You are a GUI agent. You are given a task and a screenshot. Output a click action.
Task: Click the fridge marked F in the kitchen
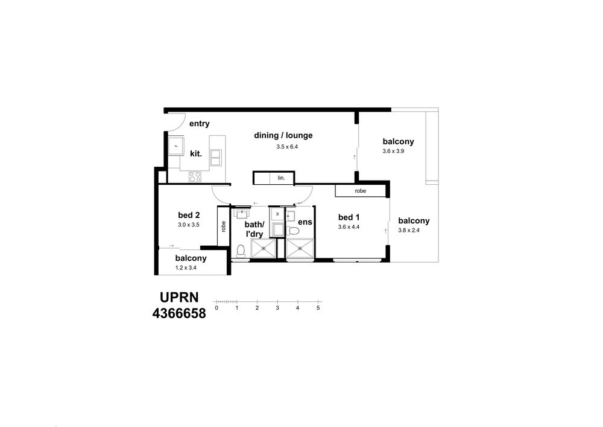(176, 146)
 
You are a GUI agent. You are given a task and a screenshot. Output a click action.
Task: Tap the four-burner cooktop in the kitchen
(195, 177)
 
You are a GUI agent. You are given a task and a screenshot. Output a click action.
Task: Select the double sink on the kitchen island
(215, 158)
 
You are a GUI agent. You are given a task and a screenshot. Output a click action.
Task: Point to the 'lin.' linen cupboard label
(282, 178)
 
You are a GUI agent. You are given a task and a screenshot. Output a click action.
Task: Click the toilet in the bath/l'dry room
(241, 251)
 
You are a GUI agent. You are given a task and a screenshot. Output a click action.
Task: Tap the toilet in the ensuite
(293, 231)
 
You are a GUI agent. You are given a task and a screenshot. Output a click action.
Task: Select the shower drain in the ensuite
(300, 248)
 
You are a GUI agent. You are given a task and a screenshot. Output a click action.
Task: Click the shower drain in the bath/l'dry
(264, 248)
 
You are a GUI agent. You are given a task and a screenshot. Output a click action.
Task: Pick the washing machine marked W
(277, 214)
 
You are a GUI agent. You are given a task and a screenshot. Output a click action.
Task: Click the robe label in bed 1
(361, 191)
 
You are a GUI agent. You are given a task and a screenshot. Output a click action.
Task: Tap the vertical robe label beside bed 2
(224, 226)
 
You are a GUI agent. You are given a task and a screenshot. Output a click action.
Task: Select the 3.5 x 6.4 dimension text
(287, 147)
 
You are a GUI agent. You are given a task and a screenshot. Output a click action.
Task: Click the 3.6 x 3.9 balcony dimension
(393, 152)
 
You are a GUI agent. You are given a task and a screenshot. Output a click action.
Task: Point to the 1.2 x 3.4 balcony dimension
(186, 268)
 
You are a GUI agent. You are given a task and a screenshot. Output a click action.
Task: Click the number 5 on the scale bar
(318, 308)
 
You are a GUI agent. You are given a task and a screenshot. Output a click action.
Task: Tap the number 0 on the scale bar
(216, 308)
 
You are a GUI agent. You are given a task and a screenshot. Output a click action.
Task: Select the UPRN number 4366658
(179, 313)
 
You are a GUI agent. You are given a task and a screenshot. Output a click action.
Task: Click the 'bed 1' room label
(349, 217)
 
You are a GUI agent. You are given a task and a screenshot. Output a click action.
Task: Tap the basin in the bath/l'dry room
(242, 213)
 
